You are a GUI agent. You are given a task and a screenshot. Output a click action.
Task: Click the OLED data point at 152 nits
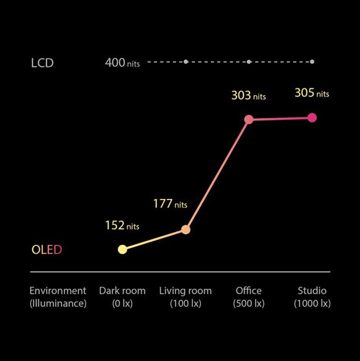click(122, 249)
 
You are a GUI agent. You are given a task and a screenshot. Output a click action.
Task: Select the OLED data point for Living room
click(186, 230)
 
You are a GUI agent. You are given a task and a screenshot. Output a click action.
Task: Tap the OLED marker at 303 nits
click(249, 119)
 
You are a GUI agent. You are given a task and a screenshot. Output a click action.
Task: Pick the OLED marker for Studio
click(312, 118)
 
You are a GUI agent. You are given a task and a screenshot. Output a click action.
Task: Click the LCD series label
click(42, 63)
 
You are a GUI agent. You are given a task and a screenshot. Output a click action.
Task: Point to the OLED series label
click(47, 250)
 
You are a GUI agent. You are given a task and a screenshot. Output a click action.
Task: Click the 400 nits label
click(122, 63)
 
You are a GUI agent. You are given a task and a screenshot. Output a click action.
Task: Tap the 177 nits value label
click(170, 204)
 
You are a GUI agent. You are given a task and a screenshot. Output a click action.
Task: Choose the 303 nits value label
click(248, 96)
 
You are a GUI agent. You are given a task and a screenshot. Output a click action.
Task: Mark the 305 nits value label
click(312, 93)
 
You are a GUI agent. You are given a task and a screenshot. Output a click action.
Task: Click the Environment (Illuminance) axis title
click(58, 297)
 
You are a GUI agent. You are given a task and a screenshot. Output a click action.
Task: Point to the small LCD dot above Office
click(249, 62)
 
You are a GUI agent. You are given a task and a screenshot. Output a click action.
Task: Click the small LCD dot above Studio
click(312, 62)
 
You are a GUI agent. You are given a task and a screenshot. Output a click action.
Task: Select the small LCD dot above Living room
click(186, 62)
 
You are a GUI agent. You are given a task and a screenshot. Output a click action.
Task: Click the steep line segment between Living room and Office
click(217, 175)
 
